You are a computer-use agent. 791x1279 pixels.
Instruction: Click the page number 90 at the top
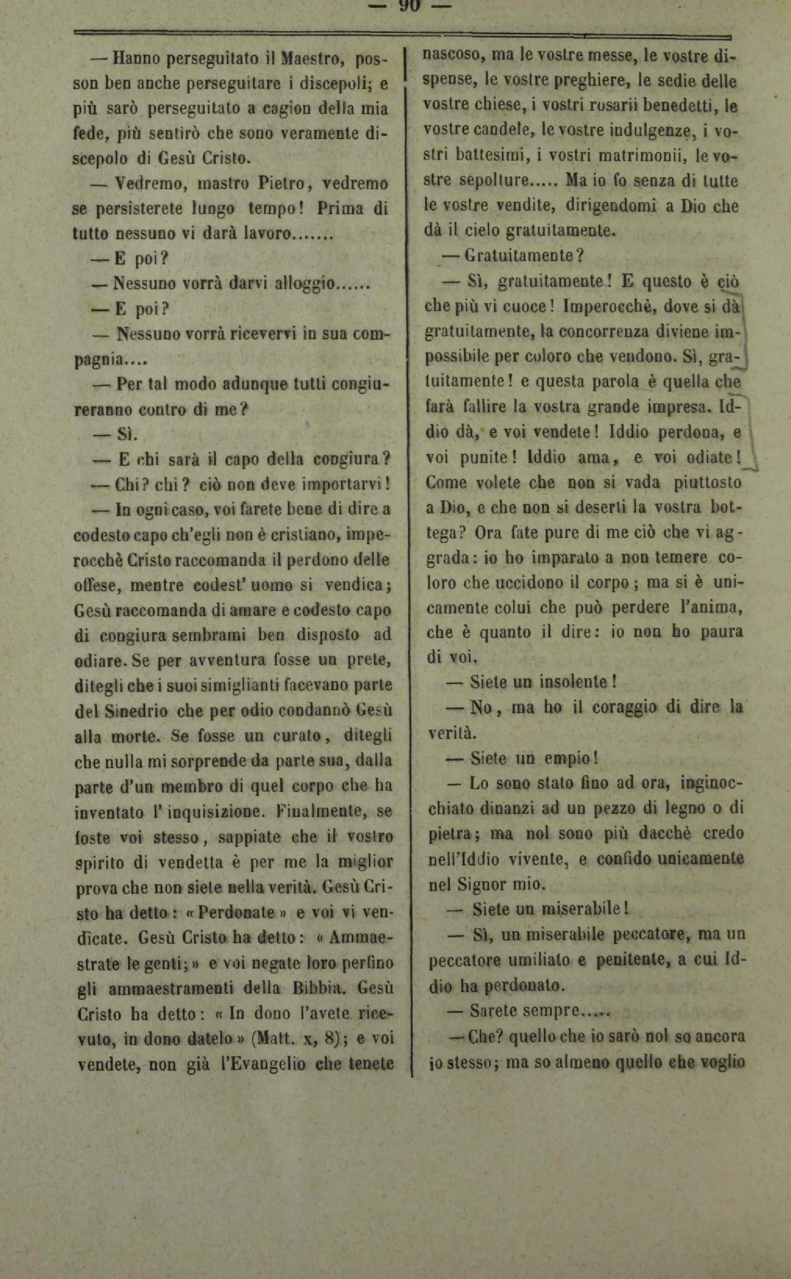pyautogui.click(x=410, y=6)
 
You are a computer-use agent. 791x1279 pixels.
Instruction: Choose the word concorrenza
pyautogui.click(x=594, y=331)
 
